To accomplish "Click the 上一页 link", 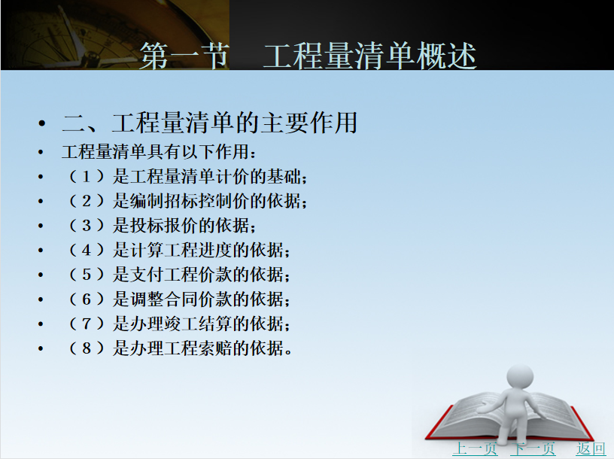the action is pyautogui.click(x=475, y=448).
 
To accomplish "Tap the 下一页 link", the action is pyautogui.click(x=533, y=448).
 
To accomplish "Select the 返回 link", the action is pyautogui.click(x=591, y=448).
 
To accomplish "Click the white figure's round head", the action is pyautogui.click(x=520, y=377).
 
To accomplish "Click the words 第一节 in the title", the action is pyautogui.click(x=184, y=56).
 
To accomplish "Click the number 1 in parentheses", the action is pyautogui.click(x=87, y=177).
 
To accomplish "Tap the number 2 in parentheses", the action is pyautogui.click(x=87, y=201).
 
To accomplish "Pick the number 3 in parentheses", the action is pyautogui.click(x=87, y=226).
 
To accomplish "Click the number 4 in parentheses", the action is pyautogui.click(x=87, y=251).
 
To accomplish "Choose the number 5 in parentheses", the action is pyautogui.click(x=87, y=275).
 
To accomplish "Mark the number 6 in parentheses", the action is pyautogui.click(x=87, y=299).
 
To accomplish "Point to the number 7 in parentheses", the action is pyautogui.click(x=87, y=324).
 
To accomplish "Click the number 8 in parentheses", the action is pyautogui.click(x=87, y=348).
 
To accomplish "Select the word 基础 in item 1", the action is pyautogui.click(x=284, y=177).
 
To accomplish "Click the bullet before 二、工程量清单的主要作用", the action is pyautogui.click(x=42, y=123).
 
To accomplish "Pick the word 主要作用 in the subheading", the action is pyautogui.click(x=309, y=123).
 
